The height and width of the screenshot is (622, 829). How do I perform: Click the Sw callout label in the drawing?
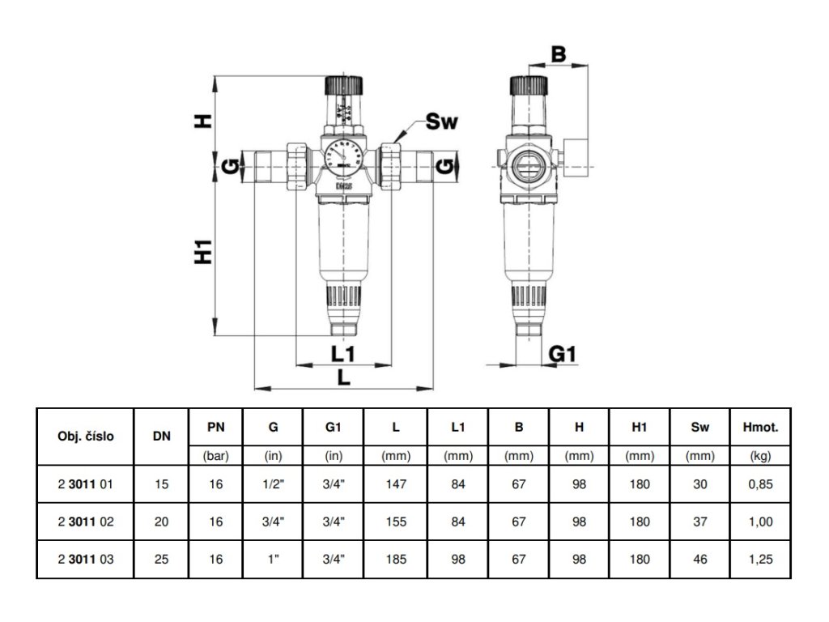tap(441, 121)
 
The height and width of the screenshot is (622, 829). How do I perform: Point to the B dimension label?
tap(559, 54)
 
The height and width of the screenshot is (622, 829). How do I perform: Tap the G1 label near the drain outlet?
tap(562, 354)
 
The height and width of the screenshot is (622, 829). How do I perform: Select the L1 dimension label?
tap(343, 354)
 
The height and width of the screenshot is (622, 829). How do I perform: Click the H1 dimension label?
tap(203, 252)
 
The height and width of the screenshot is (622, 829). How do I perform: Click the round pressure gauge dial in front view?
tap(343, 155)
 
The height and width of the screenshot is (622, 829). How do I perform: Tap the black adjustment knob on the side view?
tap(528, 85)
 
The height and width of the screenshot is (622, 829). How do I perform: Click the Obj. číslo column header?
tap(86, 437)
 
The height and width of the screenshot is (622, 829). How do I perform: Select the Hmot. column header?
tap(760, 428)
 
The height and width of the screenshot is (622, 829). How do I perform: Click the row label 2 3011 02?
tap(86, 522)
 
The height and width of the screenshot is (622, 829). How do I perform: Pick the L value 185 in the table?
tap(396, 559)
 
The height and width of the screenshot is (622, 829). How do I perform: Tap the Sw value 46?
tap(700, 559)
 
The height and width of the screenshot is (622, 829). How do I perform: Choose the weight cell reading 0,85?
tap(760, 484)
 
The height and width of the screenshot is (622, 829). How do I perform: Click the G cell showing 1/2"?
tap(273, 484)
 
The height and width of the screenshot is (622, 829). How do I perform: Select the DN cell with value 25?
tap(161, 559)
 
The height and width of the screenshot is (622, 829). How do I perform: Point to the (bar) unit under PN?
tap(215, 456)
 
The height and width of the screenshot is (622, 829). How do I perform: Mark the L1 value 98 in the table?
tap(458, 559)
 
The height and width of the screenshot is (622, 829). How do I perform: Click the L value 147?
tap(396, 484)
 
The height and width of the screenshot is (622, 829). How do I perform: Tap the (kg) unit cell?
tap(760, 456)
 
